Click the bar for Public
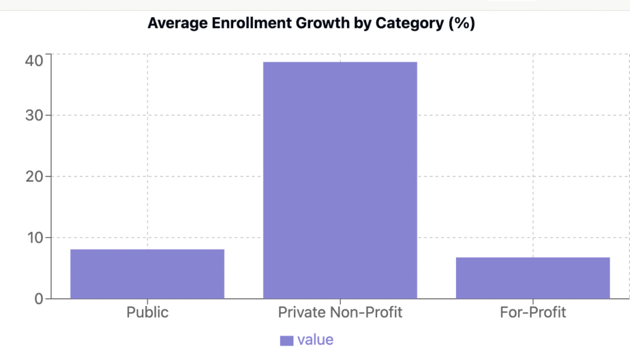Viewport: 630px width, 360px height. pyautogui.click(x=147, y=274)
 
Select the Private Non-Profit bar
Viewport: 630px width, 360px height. pyautogui.click(x=340, y=180)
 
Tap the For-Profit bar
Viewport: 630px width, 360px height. pyautogui.click(x=533, y=278)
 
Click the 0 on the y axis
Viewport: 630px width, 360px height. pyautogui.click(x=39, y=298)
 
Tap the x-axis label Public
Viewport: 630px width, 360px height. pyautogui.click(x=147, y=312)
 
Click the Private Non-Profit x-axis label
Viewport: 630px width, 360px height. pyautogui.click(x=340, y=312)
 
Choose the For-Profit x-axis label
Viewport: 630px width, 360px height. pyautogui.click(x=533, y=312)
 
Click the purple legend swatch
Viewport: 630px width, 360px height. pyautogui.click(x=287, y=340)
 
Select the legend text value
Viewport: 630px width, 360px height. pyautogui.click(x=315, y=340)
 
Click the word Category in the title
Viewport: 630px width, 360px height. pyautogui.click(x=390, y=24)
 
